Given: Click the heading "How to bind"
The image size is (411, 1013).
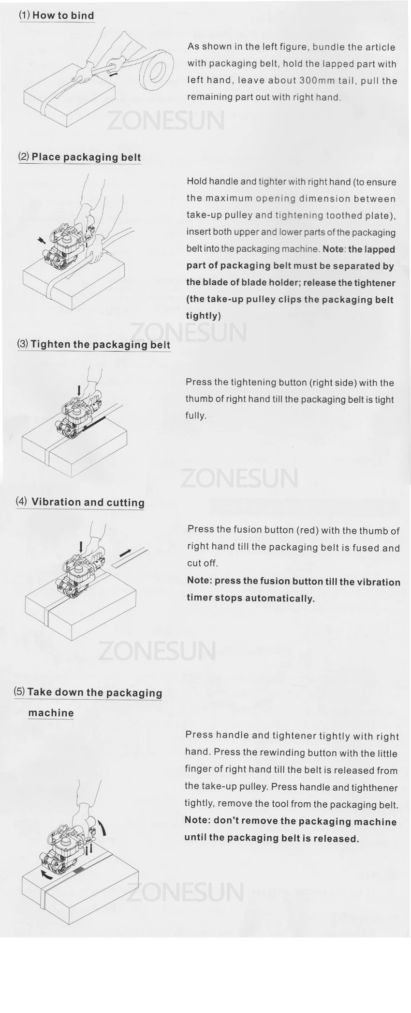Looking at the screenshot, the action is pos(63,15).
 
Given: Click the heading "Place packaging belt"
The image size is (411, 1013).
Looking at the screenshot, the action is pos(86,157).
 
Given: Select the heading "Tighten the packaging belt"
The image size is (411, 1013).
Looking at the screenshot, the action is pos(101,344).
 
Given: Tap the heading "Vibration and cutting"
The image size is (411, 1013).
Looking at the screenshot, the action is pos(88,502).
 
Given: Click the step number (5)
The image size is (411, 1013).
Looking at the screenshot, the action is pos(19,691).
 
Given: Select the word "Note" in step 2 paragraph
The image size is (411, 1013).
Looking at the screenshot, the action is pos(333,249).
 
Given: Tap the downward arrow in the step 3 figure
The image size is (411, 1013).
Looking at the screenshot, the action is pos(79,389).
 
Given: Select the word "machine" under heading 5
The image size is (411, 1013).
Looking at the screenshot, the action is pos(51,713).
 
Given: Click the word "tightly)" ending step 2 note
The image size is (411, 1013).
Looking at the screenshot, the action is pos(204,316).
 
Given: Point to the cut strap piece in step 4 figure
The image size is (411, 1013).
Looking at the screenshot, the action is pos(130,557).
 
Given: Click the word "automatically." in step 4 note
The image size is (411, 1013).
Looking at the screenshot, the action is pos(280,598).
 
